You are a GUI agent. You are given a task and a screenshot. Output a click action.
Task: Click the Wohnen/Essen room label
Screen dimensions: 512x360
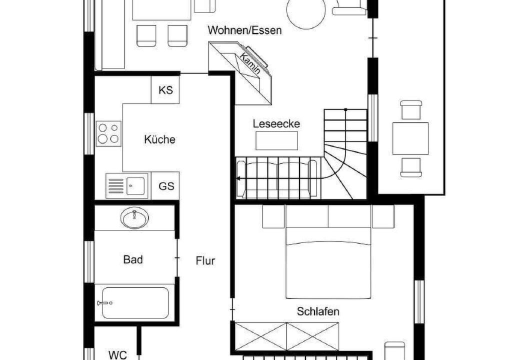[x=244, y=30]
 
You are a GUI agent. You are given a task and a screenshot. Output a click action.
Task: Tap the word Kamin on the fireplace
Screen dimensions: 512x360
[x=250, y=63]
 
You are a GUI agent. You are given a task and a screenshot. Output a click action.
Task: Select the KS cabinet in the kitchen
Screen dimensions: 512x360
[x=165, y=90]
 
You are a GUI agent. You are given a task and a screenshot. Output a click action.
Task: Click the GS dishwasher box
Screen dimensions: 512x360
[x=165, y=186]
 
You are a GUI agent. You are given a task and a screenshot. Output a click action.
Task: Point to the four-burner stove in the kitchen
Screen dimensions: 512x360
[x=108, y=133]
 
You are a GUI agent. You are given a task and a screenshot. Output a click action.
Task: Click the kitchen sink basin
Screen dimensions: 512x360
[x=135, y=185]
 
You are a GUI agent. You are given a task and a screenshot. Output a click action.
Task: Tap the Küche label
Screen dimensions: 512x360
[x=159, y=139]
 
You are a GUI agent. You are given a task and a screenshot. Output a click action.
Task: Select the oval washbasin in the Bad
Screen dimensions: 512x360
[x=134, y=217]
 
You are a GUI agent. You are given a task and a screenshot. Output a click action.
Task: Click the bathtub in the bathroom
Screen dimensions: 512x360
[x=135, y=303]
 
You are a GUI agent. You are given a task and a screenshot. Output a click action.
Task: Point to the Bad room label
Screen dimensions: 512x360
[x=133, y=259]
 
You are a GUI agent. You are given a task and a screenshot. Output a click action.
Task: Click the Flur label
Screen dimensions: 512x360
[x=205, y=260]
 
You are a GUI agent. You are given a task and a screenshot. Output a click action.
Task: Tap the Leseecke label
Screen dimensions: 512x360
[x=276, y=124]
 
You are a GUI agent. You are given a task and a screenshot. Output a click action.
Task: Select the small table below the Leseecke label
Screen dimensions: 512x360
[x=276, y=141]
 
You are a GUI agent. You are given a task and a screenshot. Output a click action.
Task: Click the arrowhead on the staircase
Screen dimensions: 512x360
[x=238, y=178]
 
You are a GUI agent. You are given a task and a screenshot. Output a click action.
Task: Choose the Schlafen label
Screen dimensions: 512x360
[x=317, y=311]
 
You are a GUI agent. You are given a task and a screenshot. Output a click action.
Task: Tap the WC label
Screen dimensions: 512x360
[x=117, y=355]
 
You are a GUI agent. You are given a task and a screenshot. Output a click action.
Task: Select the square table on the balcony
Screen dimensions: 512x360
[x=410, y=138]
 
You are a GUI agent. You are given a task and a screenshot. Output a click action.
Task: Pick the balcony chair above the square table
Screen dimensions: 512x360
[x=411, y=110]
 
